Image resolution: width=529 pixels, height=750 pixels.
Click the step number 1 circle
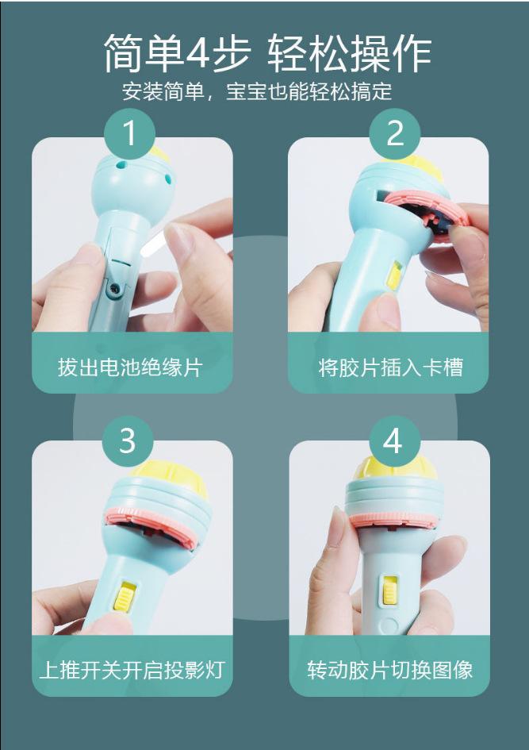130,133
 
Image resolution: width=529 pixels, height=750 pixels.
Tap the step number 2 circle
395,133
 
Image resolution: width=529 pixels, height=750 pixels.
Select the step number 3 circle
128,440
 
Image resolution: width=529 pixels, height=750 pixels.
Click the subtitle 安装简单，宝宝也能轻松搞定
257,91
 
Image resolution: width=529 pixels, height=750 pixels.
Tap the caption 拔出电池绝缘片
130,367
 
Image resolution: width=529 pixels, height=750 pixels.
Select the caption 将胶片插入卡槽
391,367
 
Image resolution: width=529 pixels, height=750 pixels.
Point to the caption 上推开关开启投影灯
132,670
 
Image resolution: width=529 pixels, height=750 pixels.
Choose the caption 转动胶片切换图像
390,670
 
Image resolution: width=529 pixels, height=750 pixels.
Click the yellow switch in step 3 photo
123,595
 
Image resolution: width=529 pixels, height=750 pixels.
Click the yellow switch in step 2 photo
394,275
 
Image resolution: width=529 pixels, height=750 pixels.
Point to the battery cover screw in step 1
114,287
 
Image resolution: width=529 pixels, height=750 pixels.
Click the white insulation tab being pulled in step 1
155,241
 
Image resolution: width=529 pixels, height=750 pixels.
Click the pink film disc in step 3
153,521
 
